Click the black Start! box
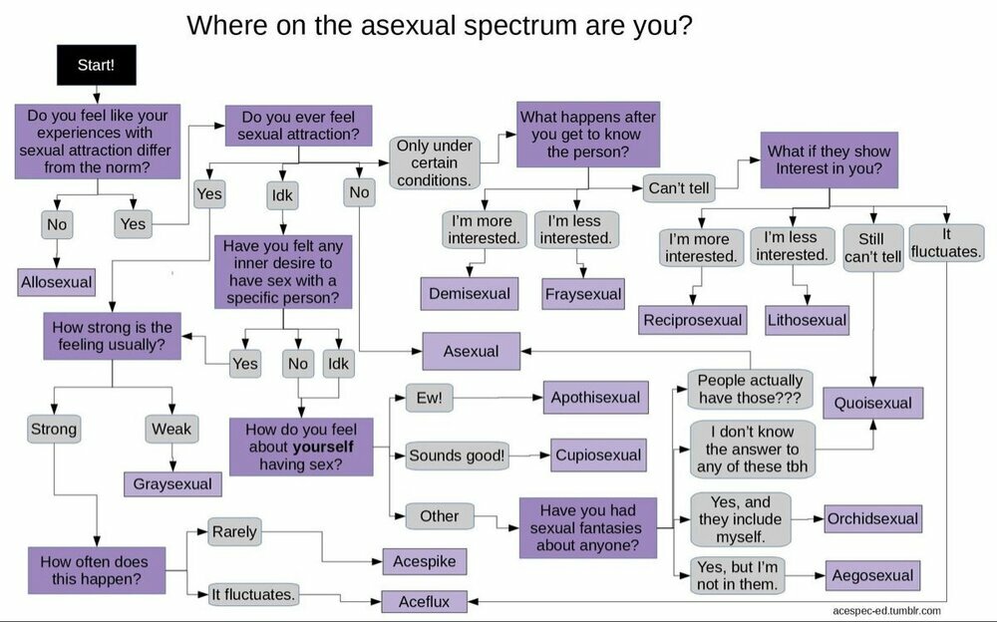96,65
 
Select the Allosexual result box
57,282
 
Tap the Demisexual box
470,293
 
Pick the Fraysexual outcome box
583,294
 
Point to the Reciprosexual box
693,320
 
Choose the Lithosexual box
808,320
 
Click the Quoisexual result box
873,403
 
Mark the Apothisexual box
596,397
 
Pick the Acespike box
426,561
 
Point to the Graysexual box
173,483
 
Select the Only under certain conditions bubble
434,162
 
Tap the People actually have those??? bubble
750,389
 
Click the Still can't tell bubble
873,247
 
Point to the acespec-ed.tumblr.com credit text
885,610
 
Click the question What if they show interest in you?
829,159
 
